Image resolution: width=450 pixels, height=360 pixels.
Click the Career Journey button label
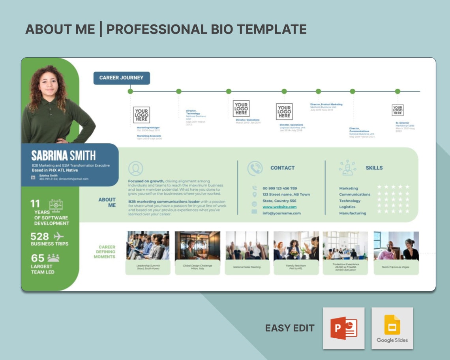point(121,78)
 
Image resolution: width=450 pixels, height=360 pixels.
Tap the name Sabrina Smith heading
point(63,156)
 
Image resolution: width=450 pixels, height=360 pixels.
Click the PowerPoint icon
point(343,328)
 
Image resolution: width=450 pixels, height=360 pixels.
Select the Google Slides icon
point(392,328)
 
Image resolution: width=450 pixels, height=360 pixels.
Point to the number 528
point(40,236)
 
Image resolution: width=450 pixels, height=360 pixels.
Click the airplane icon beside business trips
point(58,236)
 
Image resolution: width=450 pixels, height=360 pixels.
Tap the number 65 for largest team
point(38,258)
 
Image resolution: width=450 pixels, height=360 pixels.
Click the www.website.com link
point(279,207)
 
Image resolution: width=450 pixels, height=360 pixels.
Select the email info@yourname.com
point(281,213)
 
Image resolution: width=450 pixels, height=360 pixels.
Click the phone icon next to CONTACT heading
point(255,168)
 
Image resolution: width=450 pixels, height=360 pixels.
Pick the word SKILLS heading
point(374,168)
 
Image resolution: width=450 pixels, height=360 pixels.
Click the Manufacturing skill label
point(352,213)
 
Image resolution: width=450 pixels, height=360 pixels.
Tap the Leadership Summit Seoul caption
point(148,267)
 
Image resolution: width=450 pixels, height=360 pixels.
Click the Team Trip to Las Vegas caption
point(396,267)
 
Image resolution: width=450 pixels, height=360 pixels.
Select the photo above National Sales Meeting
point(247,246)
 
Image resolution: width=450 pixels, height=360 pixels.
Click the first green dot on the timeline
point(130,91)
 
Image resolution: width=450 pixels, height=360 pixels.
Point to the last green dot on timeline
point(397,91)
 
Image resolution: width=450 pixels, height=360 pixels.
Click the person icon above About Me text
point(135,169)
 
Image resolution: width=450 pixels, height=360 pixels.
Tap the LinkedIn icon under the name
point(33,177)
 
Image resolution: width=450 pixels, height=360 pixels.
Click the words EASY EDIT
point(290,328)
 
